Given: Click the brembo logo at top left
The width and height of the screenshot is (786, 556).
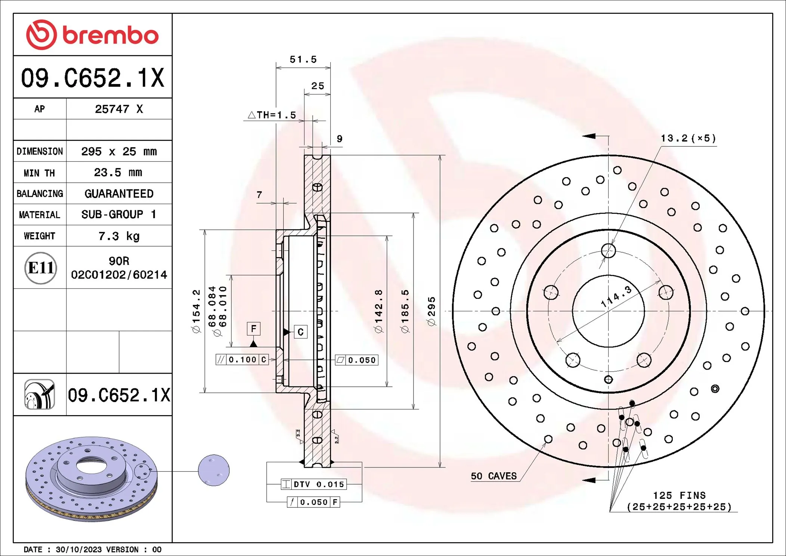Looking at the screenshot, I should click(x=92, y=35).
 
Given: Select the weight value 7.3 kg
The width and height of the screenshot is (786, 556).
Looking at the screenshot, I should click(x=119, y=236).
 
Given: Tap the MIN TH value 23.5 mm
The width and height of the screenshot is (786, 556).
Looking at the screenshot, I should click(x=118, y=172).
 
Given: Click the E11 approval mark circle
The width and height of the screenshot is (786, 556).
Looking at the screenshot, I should click(x=40, y=268).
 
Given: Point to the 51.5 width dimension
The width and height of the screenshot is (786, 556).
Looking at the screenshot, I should click(x=303, y=59).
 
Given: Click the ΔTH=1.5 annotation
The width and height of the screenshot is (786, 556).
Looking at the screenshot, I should click(x=272, y=115).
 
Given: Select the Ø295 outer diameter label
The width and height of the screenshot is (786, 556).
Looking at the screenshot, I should click(x=431, y=311).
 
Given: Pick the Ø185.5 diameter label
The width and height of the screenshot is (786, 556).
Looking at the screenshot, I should click(x=405, y=311).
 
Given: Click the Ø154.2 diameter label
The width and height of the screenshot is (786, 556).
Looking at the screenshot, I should click(x=196, y=311).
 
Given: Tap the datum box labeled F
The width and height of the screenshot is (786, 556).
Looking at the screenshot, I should click(x=254, y=329).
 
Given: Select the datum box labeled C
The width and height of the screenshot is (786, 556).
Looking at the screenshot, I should click(x=301, y=332).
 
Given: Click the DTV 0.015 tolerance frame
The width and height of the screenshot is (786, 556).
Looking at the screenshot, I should click(x=314, y=484).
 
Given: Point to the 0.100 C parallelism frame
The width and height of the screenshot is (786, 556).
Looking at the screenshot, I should click(x=242, y=359).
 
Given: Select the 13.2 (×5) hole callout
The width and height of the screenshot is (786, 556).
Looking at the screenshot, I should click(x=688, y=138).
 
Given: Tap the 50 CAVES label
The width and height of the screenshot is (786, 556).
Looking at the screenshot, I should click(x=493, y=476).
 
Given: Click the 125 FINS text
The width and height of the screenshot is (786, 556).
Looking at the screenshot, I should click(x=679, y=495).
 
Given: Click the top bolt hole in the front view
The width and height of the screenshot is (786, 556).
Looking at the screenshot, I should click(x=608, y=250).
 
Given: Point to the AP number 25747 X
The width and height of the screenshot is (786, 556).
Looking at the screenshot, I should click(x=119, y=109).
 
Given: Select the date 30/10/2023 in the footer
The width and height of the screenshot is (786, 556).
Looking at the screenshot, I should click(x=78, y=549).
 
